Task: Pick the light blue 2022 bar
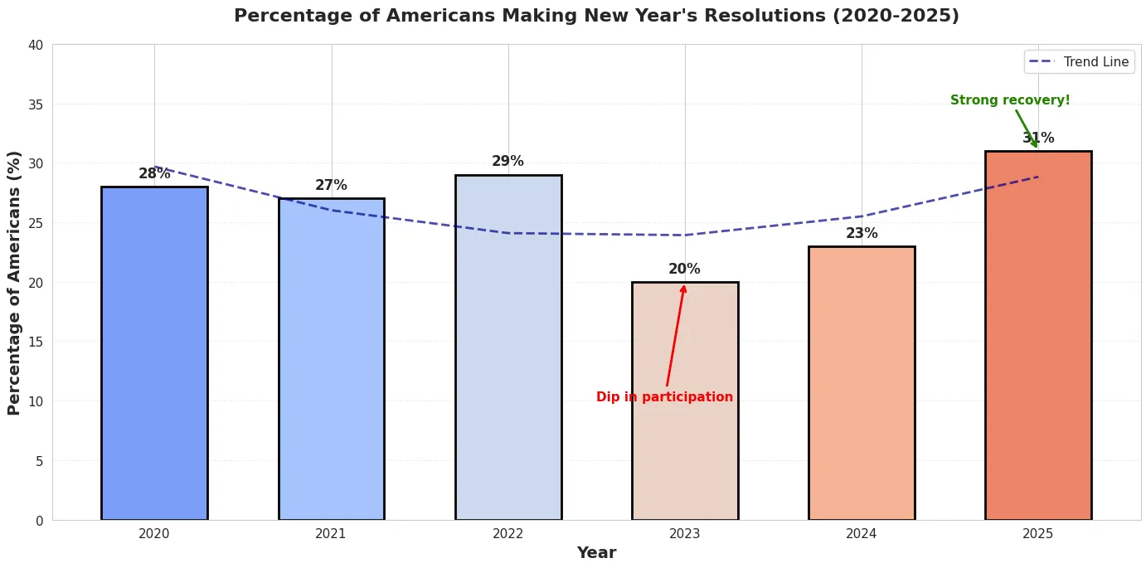[x=507, y=347]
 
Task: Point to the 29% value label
[x=507, y=162]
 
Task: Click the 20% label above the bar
[x=684, y=269]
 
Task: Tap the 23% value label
[x=861, y=234]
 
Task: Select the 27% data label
[x=331, y=186]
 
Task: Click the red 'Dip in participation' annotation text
[x=664, y=397]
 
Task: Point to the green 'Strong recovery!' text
[x=1009, y=100]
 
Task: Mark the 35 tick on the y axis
[x=36, y=104]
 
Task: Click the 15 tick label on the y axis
[x=36, y=342]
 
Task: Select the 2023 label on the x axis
[x=684, y=534]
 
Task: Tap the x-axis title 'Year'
[x=596, y=553]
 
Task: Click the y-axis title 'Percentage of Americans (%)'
[x=14, y=283]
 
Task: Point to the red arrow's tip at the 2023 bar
[x=684, y=285]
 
